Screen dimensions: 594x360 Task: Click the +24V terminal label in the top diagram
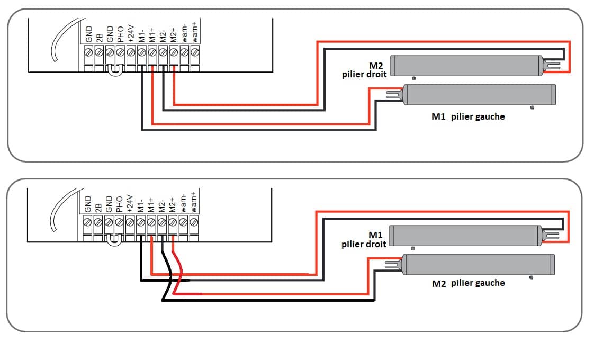click(x=131, y=33)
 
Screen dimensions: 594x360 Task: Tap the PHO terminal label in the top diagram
click(x=120, y=34)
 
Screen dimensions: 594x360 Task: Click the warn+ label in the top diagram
click(x=195, y=32)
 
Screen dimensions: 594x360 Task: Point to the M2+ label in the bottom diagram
click(x=173, y=205)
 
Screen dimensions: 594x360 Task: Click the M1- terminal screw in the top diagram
click(x=141, y=51)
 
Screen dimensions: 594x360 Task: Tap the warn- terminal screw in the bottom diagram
click(x=183, y=222)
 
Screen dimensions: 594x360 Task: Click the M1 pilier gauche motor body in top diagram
click(x=479, y=95)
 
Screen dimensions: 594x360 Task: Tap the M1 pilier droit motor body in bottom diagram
click(x=466, y=236)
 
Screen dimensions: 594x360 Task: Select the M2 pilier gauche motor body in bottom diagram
click(x=478, y=265)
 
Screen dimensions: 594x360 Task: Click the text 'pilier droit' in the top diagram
click(x=364, y=74)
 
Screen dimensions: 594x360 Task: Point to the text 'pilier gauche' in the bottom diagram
click(x=478, y=283)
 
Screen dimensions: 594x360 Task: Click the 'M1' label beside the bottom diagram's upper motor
click(x=375, y=235)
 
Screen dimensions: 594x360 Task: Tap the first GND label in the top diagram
click(x=88, y=34)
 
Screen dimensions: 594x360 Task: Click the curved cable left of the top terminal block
click(x=62, y=38)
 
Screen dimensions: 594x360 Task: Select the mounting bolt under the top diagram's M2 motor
click(x=413, y=78)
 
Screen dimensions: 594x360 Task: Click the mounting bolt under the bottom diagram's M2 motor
click(x=531, y=277)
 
